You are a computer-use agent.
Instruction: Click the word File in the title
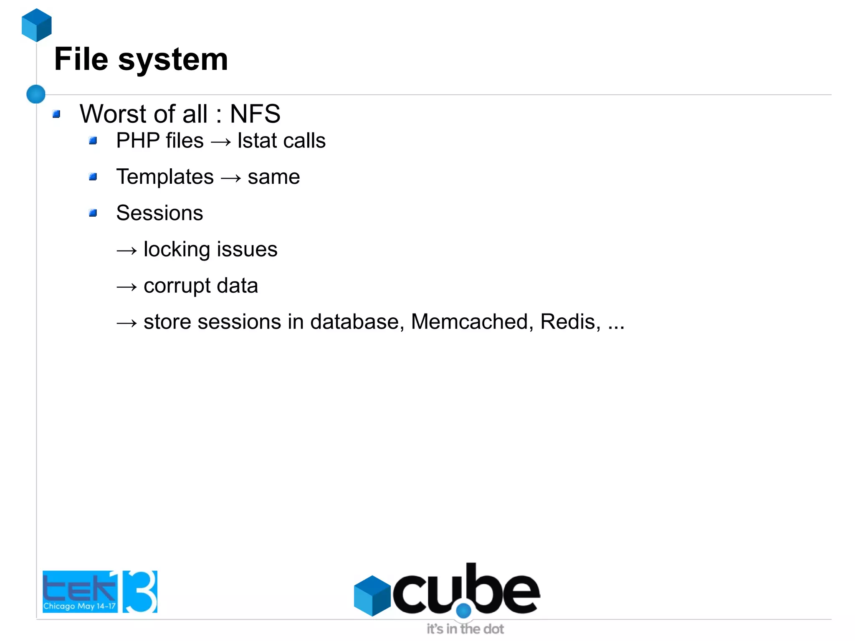[81, 59]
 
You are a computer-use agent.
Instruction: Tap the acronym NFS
[255, 114]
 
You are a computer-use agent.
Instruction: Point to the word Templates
[165, 177]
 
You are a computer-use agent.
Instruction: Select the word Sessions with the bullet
[159, 213]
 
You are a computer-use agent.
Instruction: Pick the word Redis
[570, 322]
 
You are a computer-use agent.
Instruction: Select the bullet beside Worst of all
[57, 114]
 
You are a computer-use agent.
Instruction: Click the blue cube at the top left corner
[37, 25]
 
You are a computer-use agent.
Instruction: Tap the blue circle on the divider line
[36, 94]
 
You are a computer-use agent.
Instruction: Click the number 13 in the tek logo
[140, 591]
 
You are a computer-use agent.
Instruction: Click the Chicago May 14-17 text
[79, 606]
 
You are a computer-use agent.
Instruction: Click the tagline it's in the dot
[465, 629]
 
